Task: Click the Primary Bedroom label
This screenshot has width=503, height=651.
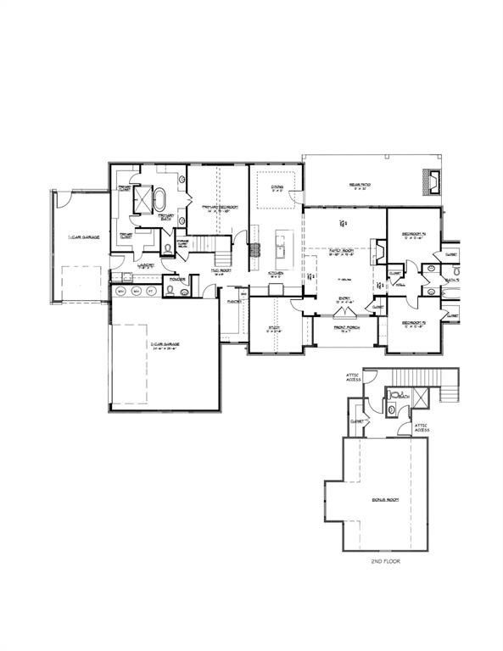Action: [218, 209]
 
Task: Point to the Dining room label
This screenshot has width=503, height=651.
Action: [277, 188]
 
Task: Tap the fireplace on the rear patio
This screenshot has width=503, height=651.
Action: [433, 180]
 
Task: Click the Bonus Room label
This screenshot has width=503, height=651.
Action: [386, 500]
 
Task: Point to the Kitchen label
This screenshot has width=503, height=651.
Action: [275, 273]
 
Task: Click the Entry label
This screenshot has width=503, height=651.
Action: [346, 298]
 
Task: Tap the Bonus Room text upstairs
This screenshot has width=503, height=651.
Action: [386, 500]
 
